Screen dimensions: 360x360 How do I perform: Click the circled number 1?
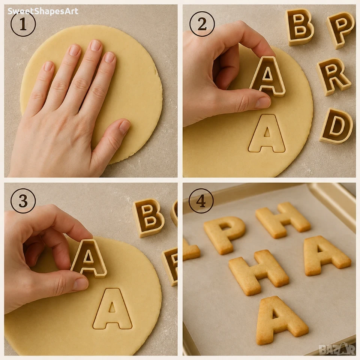pos(23,24)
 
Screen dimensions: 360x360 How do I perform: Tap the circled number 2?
pos(202,24)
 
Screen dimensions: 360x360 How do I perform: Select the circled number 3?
pos(23,201)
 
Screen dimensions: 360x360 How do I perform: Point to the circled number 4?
pos(201,201)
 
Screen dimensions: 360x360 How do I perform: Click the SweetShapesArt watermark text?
pos(43,11)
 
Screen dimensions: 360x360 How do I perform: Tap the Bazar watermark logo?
pos(337,349)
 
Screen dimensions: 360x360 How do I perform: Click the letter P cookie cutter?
pos(340,29)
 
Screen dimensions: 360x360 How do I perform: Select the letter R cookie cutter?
pos(334,76)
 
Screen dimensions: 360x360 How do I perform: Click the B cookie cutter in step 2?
pos(299,27)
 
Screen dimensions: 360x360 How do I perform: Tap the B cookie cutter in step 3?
pos(148,217)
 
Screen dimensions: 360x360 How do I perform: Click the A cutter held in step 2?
pos(268,76)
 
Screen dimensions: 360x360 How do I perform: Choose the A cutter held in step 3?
pos(89,258)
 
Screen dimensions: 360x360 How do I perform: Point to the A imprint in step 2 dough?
pos(267,133)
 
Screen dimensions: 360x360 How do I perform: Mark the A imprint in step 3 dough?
pos(112,309)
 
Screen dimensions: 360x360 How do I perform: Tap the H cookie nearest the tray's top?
pos(283,220)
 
